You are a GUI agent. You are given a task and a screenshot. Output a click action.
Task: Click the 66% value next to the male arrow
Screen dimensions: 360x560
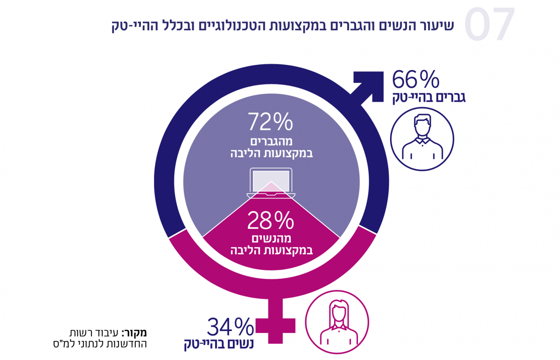pos(415,80)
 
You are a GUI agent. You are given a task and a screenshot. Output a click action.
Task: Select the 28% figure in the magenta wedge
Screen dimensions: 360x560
pos(271,221)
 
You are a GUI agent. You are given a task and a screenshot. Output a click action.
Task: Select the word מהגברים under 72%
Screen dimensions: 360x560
pos(271,142)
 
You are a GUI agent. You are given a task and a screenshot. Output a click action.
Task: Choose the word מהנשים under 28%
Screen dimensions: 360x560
pos(271,239)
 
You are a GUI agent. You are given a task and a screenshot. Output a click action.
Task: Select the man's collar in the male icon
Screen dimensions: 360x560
pos(421,140)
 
